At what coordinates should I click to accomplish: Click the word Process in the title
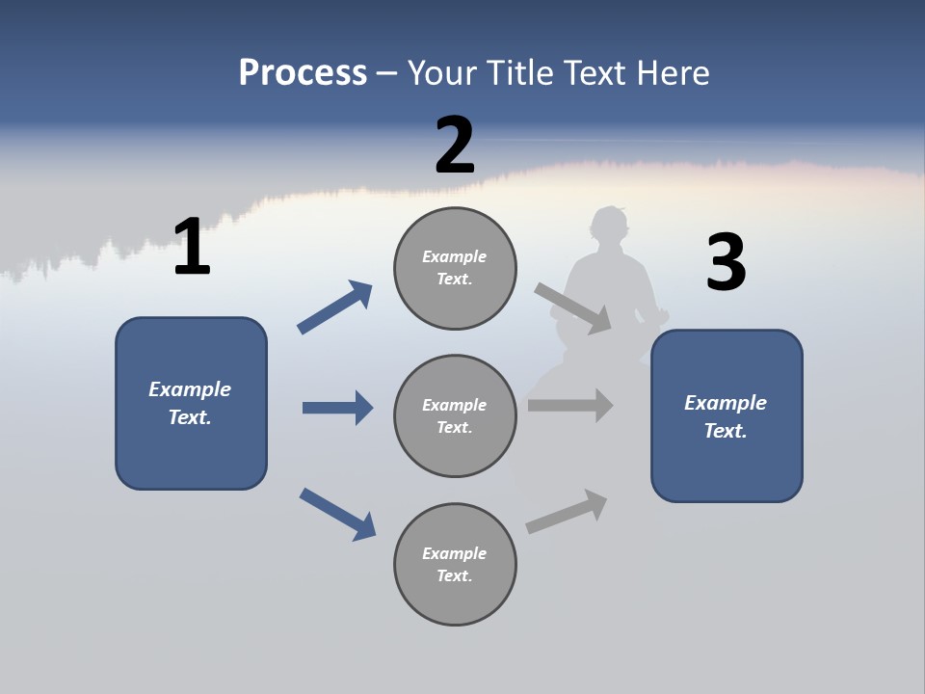[x=303, y=73]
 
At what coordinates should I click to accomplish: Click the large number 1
[x=192, y=248]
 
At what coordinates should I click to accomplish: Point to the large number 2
[x=455, y=146]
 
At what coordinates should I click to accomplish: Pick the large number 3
[x=726, y=263]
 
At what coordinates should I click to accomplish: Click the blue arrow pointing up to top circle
[x=334, y=307]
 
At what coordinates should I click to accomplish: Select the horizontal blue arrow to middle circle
[x=337, y=408]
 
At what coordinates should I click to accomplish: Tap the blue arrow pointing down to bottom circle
[x=337, y=514]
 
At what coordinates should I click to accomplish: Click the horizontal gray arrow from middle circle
[x=570, y=405]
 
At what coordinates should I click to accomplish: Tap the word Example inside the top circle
[x=454, y=256]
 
